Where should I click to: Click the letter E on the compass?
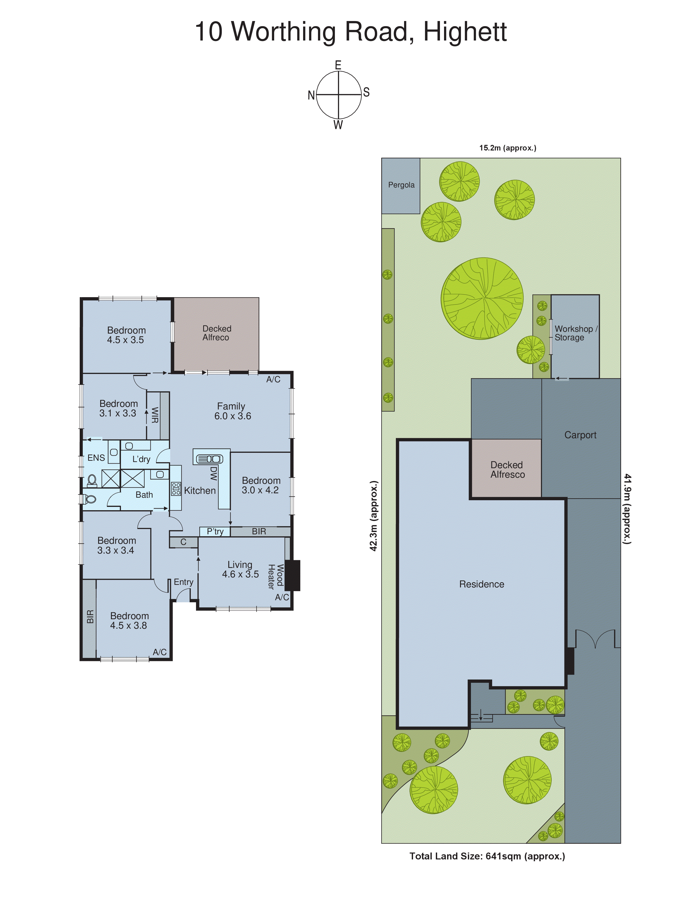coord(338,65)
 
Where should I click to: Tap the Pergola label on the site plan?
coord(401,185)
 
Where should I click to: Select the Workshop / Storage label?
coord(575,333)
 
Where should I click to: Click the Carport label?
coord(580,435)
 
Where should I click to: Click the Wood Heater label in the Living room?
coord(276,577)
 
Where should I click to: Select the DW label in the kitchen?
coord(213,473)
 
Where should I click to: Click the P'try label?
coord(215,531)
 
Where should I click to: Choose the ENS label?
coord(96,458)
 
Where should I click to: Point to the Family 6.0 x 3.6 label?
coord(232,411)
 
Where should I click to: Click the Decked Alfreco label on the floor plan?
coord(216,333)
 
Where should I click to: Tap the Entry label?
coord(183,582)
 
